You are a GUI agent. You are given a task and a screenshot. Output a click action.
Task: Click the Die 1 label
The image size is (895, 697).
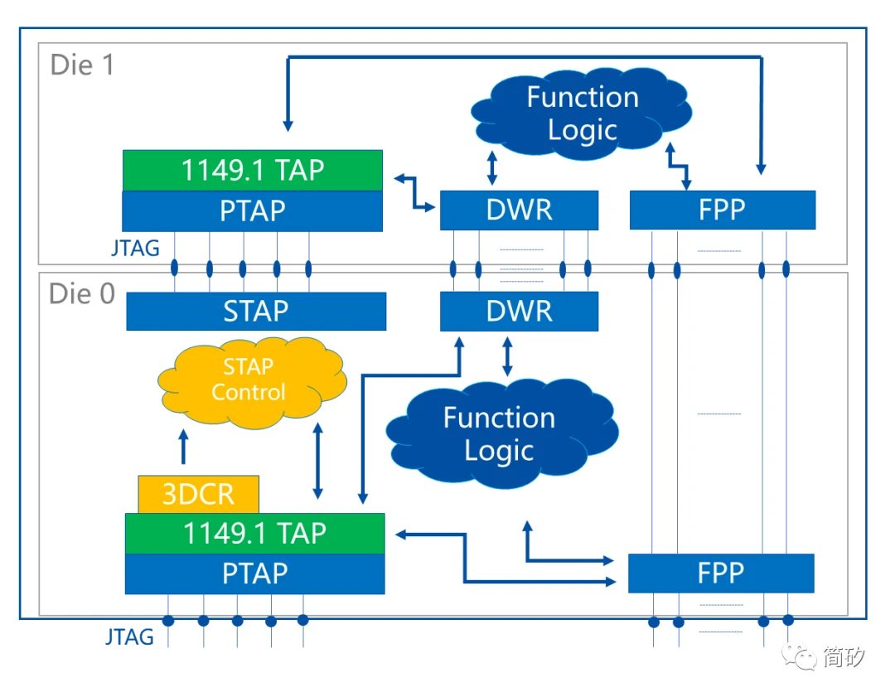click(82, 65)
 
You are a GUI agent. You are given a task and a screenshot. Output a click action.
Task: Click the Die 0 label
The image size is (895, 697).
click(82, 293)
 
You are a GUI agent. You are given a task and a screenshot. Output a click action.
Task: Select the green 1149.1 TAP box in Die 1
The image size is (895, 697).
click(252, 170)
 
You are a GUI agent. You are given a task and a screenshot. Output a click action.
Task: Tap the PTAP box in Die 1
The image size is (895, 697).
click(252, 211)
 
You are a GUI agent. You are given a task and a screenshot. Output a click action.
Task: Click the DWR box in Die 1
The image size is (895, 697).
click(519, 211)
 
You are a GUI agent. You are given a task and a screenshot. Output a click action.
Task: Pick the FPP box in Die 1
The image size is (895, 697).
click(722, 211)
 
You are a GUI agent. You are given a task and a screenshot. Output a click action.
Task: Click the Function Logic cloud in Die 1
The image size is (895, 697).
click(583, 113)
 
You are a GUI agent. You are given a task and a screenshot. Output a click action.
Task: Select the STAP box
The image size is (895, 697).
click(255, 311)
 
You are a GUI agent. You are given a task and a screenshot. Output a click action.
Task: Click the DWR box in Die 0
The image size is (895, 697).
click(519, 311)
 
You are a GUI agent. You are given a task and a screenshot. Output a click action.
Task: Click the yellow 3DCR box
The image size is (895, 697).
click(198, 495)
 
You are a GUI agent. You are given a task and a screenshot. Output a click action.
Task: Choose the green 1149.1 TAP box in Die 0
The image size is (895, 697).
click(254, 533)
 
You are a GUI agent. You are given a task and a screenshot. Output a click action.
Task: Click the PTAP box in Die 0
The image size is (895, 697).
click(254, 574)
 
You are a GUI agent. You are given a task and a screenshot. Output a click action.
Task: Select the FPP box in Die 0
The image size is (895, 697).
click(720, 574)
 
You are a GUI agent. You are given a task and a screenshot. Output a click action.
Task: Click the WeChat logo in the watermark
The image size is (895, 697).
click(801, 657)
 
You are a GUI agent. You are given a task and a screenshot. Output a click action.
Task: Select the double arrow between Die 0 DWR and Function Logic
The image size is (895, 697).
click(507, 355)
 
